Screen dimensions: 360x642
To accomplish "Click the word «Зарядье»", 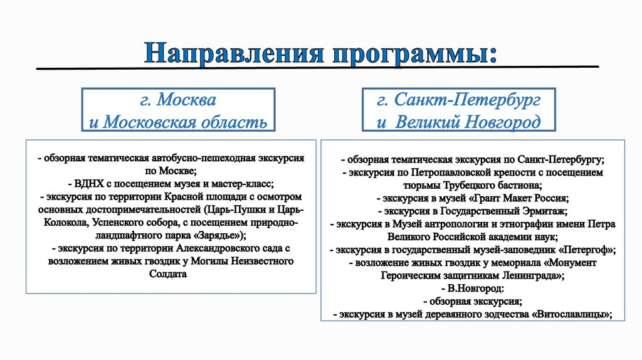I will click(x=216, y=236).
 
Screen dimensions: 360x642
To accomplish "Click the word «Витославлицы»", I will click(x=572, y=315).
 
